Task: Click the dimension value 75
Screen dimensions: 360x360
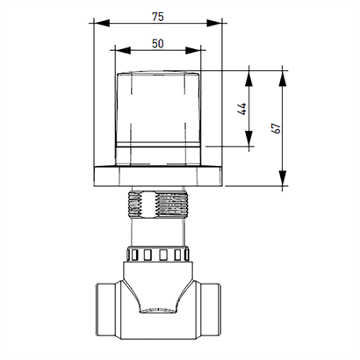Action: [x=158, y=17]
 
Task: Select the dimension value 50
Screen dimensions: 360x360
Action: [x=158, y=44]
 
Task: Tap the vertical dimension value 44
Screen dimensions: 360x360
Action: [x=243, y=109]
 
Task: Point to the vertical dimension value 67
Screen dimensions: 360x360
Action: [x=277, y=128]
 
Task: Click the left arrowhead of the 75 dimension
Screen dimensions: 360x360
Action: [x=102, y=23]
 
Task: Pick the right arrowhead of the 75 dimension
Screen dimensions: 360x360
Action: [x=214, y=23]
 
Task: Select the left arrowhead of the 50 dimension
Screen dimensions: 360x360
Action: [x=123, y=50]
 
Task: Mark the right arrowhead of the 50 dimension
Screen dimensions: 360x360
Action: [x=193, y=50]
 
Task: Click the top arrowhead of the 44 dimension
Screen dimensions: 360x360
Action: [x=248, y=78]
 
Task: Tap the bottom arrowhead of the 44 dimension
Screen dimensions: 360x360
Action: [x=248, y=138]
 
